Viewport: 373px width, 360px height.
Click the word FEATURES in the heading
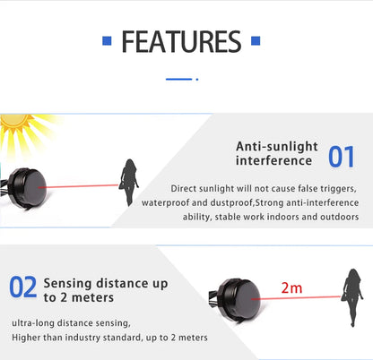point(180,41)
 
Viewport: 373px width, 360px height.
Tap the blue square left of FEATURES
point(107,41)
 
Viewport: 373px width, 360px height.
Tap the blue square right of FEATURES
point(256,41)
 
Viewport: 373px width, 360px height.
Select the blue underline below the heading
point(179,79)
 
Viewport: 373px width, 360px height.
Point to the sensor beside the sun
point(37,184)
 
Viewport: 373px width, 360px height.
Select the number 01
point(341,157)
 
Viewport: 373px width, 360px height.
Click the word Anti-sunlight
point(273,146)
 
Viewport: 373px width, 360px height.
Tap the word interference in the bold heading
point(273,161)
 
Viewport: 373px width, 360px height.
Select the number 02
point(23,287)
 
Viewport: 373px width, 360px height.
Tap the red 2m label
point(291,287)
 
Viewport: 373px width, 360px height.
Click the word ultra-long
point(35,323)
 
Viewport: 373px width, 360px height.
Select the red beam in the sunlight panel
point(89,186)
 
